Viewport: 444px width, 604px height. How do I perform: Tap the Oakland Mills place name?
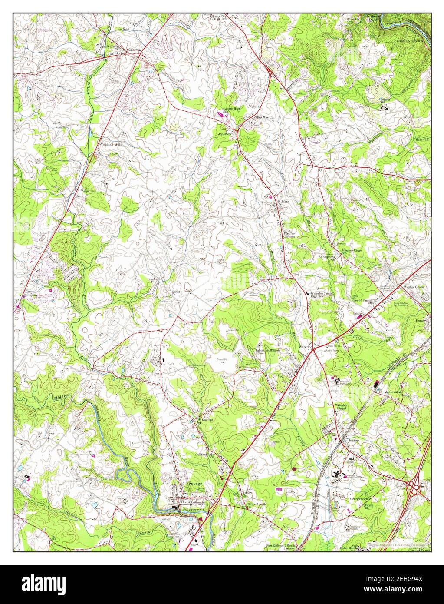click(x=110, y=144)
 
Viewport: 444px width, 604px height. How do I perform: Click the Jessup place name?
click(x=354, y=440)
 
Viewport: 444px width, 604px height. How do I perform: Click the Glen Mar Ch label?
click(x=263, y=117)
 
